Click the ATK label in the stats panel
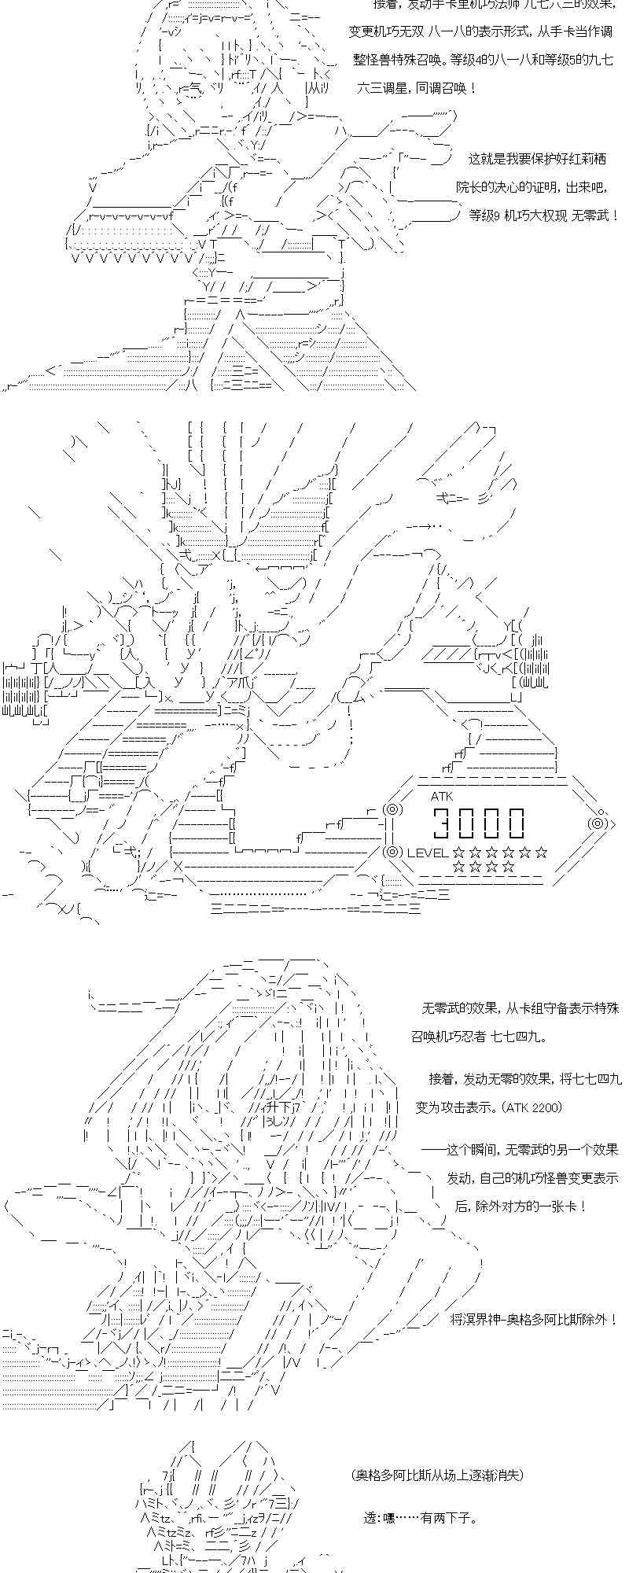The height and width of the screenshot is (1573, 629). coord(442,796)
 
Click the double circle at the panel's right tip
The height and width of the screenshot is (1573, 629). coord(599,823)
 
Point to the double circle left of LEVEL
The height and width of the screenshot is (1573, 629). coord(392,852)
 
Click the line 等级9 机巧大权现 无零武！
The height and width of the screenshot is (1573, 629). coord(543,215)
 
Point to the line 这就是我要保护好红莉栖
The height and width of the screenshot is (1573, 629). coord(537,158)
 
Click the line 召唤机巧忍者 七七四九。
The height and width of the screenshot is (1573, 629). coord(479,1036)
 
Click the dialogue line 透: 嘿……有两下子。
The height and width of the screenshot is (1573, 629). coord(420,1517)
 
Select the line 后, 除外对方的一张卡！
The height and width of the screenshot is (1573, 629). coord(520,1206)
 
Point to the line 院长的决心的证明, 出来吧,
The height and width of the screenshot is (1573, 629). coord(534,187)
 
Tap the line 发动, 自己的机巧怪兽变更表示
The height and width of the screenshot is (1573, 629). coord(532,1178)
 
